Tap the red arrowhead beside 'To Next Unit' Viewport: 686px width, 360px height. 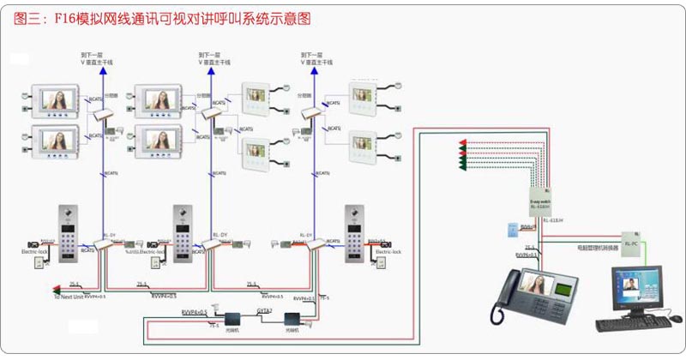point(56,288)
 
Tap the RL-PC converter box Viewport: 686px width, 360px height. point(631,242)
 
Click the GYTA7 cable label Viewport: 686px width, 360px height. point(264,310)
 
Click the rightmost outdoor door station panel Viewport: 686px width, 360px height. point(356,231)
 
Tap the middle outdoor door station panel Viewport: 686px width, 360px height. point(184,231)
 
